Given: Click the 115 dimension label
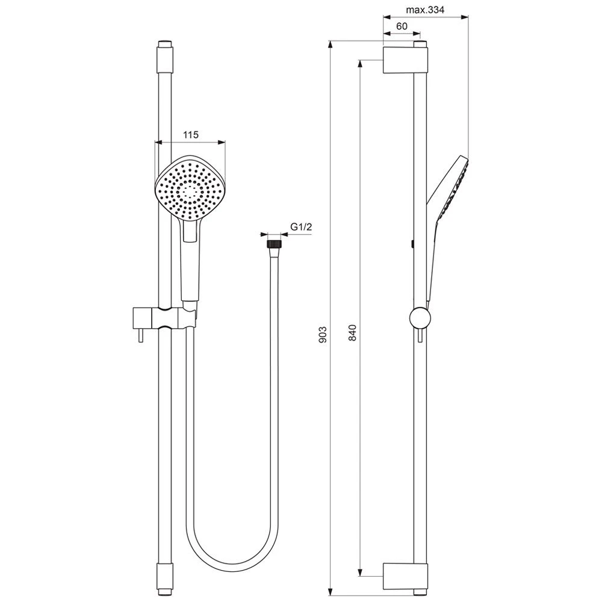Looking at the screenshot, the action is point(190,135).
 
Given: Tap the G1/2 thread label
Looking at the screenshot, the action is point(301,227).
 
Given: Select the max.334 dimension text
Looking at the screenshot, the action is point(425,10).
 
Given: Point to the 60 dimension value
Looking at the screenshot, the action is point(402,26).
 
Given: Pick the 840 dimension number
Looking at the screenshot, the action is point(352,332).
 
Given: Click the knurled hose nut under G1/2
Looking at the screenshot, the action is point(274,244).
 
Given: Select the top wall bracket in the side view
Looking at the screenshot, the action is point(405,60).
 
